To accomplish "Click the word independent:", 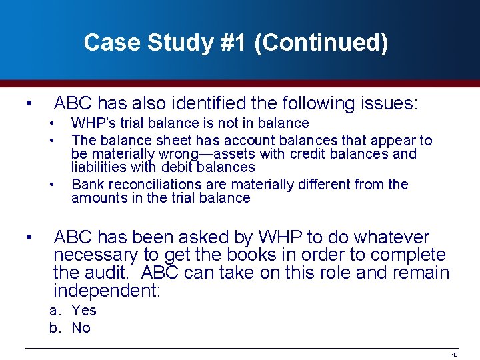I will pos(107,291).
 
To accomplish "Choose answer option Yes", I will pos(84,311).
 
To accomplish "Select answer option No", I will pos(81,328).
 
